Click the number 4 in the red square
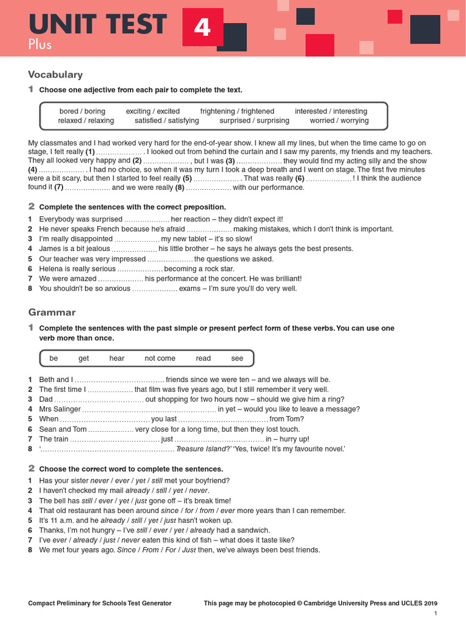coord(202,27)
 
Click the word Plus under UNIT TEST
coord(40,44)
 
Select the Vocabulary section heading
coord(55,75)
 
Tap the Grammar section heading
coord(52,312)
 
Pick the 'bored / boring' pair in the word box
coord(82,112)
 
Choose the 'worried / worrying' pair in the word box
coord(339,121)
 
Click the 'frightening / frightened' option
coord(237,112)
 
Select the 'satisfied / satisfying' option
coord(167,121)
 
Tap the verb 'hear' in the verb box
coord(116,358)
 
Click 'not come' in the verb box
coord(160,358)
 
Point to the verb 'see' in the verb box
coord(237,358)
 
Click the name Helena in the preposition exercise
coord(51,269)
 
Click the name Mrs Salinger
coord(59,409)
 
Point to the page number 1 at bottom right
coord(435,614)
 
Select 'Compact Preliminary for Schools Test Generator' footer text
coord(100,603)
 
